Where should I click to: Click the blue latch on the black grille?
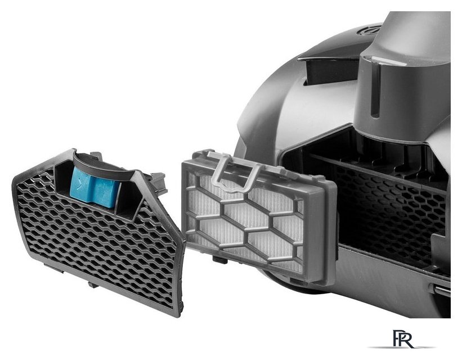point(95,187)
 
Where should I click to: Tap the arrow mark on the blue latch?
point(79,186)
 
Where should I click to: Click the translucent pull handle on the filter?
point(233,171)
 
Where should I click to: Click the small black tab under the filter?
point(220,259)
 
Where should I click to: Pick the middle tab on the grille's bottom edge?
point(93,284)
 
